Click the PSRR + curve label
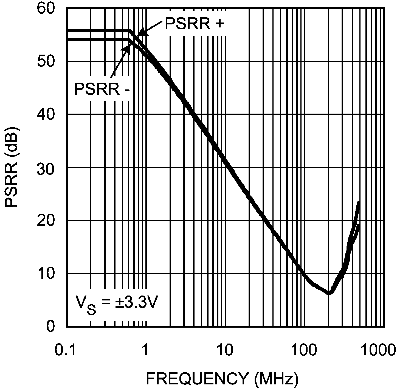click(194, 24)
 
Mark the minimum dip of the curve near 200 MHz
click(329, 293)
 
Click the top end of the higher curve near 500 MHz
click(358, 203)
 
